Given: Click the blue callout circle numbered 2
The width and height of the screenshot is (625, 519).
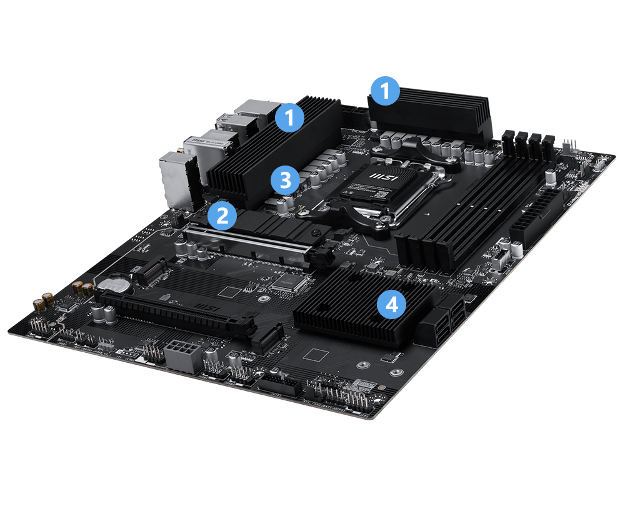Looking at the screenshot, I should click(222, 215).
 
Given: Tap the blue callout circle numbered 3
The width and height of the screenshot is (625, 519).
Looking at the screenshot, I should click(285, 180).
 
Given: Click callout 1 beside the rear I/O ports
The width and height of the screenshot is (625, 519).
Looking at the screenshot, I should click(289, 116).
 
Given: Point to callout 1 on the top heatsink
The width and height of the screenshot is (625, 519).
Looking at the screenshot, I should click(384, 91).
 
